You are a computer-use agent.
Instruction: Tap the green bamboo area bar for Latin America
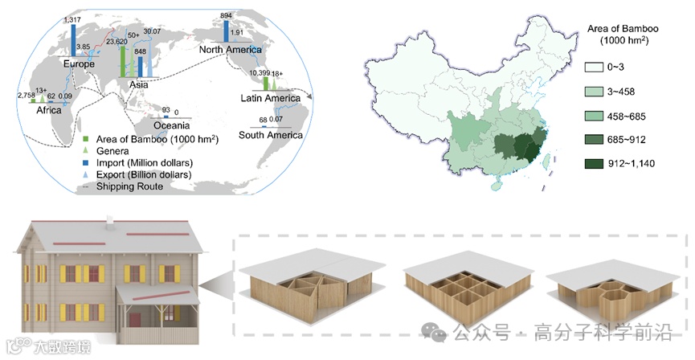coord(265,83)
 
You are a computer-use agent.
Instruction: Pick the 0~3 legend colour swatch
coord(593,69)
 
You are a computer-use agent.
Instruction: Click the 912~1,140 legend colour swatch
coord(593,164)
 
